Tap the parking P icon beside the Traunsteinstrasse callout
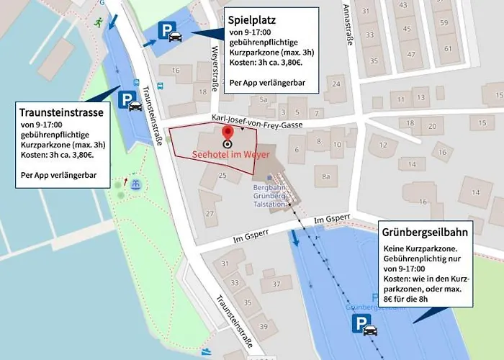(127, 99)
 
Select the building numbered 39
(264, 327)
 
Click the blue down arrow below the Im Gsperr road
(295, 239)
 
